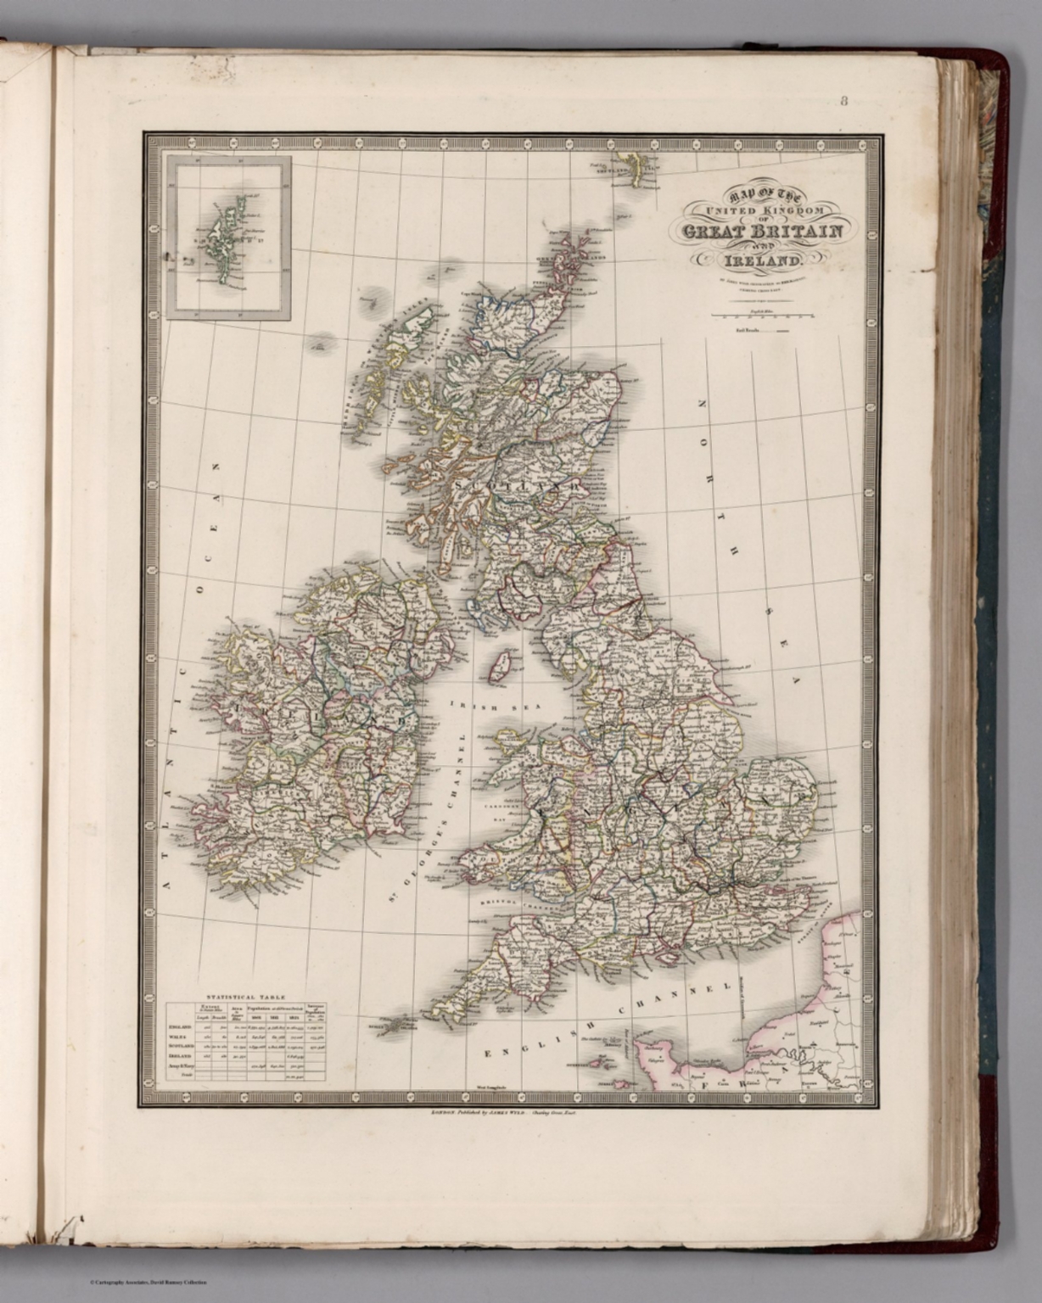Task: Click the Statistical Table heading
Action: (243, 997)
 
